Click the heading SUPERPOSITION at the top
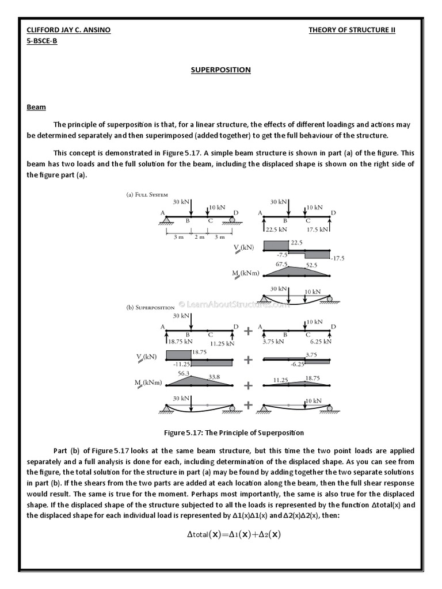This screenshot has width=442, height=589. [x=221, y=70]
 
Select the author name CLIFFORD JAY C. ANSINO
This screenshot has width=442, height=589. [x=68, y=30]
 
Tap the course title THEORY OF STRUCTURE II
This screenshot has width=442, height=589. [x=352, y=30]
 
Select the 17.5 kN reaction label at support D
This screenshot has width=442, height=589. [x=318, y=229]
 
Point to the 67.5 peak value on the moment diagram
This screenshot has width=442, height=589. [x=282, y=264]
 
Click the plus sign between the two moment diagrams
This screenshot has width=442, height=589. [x=248, y=385]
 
